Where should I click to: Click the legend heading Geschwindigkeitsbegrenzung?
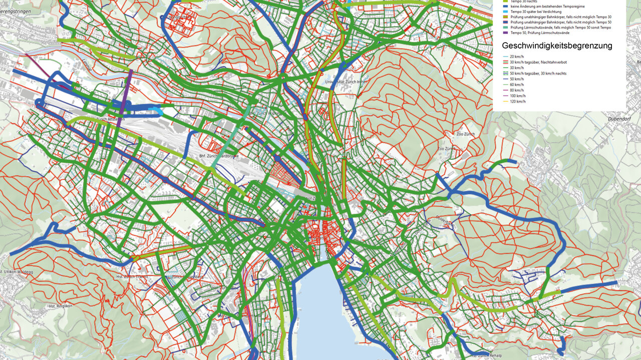(557, 46)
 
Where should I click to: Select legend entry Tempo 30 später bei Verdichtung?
(536, 11)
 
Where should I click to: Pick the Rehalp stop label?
(483, 355)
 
